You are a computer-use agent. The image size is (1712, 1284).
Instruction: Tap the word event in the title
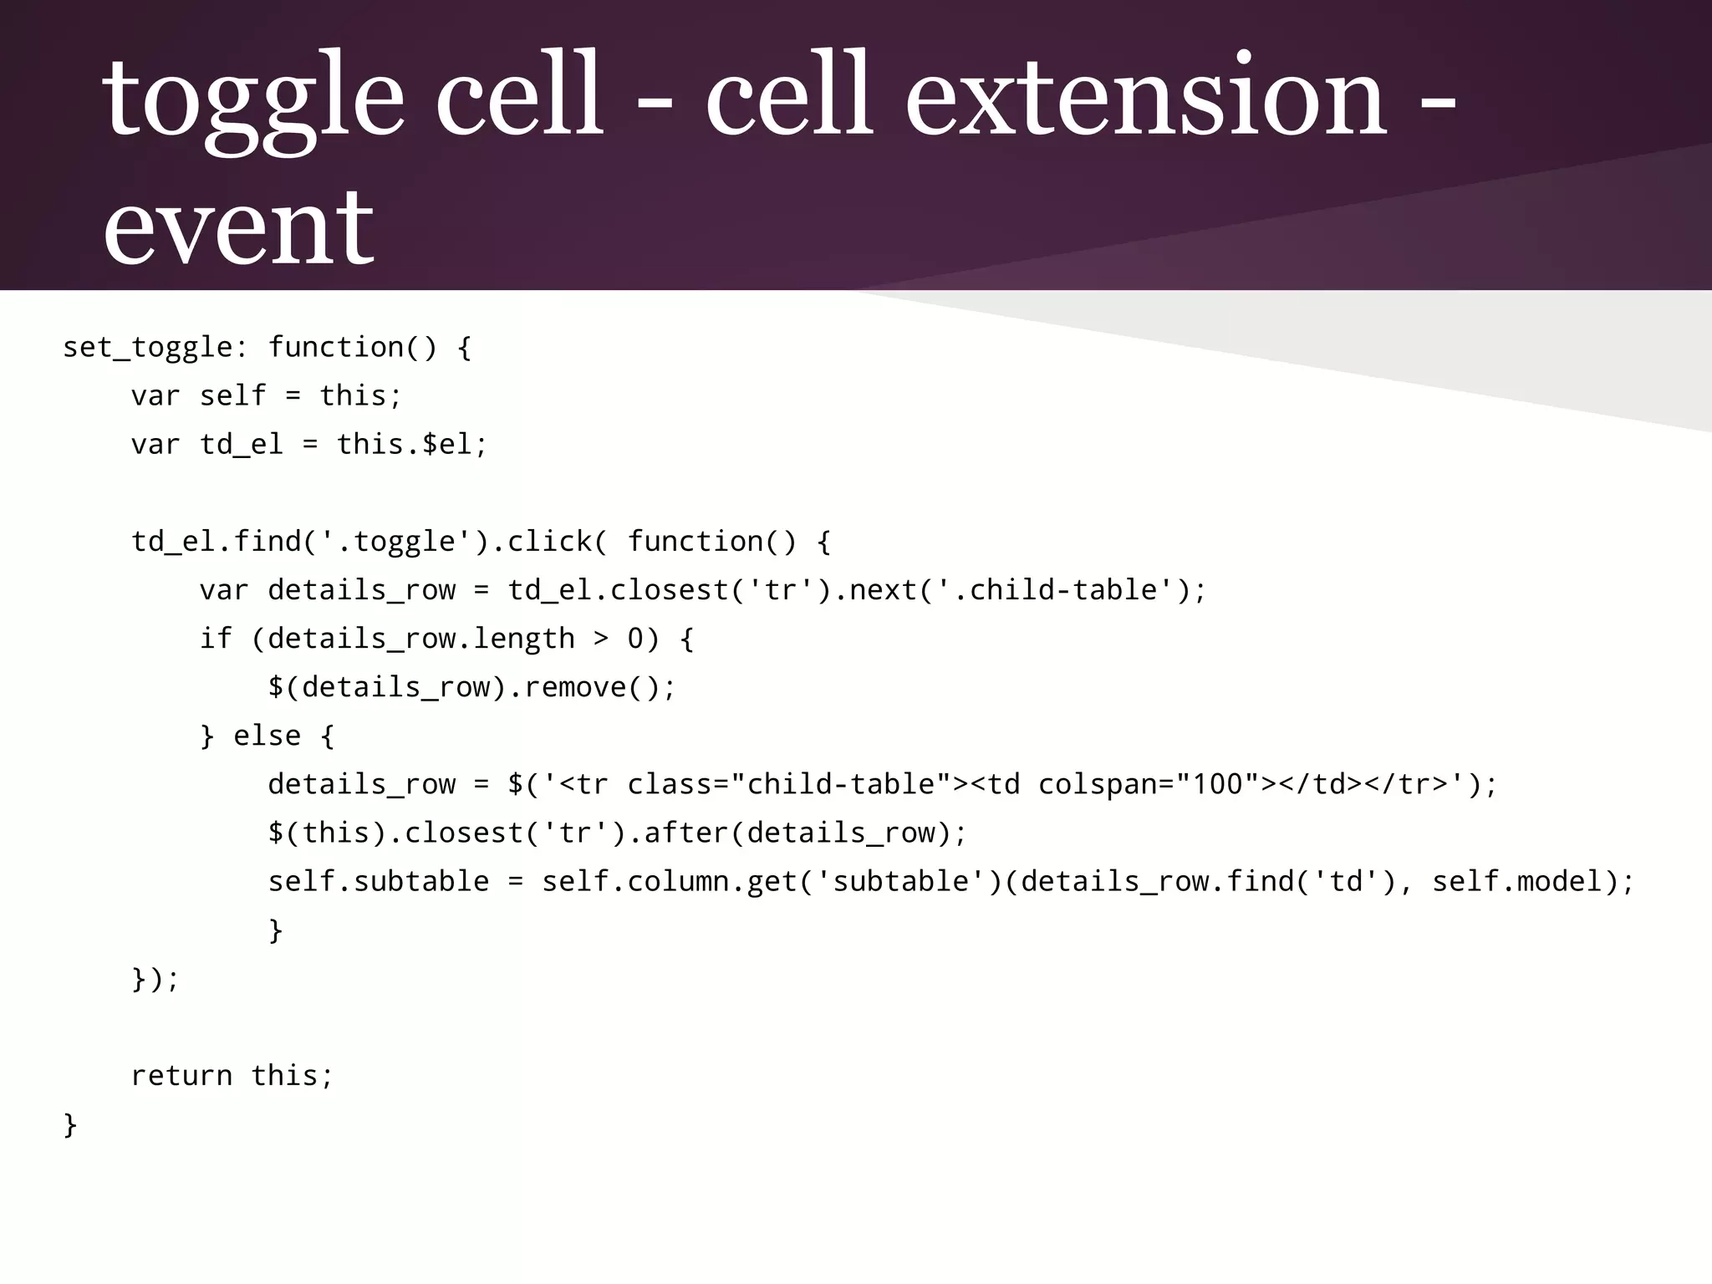238,227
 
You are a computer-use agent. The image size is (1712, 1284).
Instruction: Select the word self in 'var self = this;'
233,395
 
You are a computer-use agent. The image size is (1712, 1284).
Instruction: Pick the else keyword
267,736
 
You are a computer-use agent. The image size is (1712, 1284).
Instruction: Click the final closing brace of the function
70,1124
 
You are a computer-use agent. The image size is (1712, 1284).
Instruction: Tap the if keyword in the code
215,639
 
